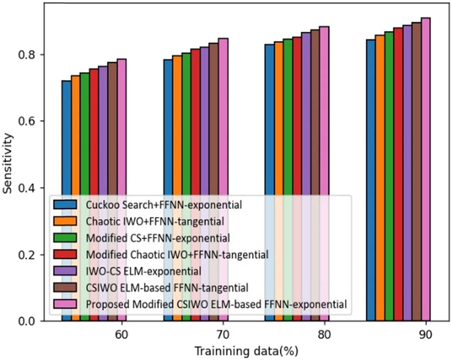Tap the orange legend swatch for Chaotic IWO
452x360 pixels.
click(63, 221)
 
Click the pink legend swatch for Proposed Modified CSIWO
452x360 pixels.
click(63, 304)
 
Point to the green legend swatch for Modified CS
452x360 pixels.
click(63, 238)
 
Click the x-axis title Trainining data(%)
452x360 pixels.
click(245, 350)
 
